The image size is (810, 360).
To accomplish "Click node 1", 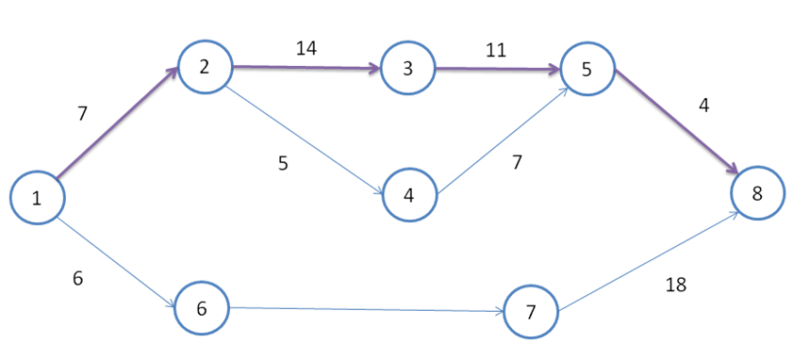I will click(x=37, y=198).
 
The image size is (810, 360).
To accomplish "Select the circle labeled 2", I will click(x=204, y=66).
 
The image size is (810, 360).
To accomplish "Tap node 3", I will click(x=408, y=69).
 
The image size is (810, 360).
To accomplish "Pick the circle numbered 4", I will click(x=408, y=195).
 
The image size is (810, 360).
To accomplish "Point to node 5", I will click(x=587, y=69).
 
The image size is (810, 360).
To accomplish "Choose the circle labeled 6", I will click(x=202, y=307).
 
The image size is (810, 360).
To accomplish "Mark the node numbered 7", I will click(x=531, y=312).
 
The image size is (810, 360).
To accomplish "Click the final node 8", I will click(x=756, y=193).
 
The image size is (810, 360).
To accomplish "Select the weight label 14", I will click(x=306, y=48).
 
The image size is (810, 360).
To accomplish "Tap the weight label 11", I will click(x=496, y=50).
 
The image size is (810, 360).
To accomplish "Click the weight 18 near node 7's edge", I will click(x=675, y=285).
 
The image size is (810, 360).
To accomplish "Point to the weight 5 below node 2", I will click(x=283, y=163).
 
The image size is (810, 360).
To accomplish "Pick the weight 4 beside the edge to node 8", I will click(x=703, y=106).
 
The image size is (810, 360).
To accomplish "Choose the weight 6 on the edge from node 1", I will click(x=77, y=278).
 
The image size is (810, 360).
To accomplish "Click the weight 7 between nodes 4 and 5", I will click(x=516, y=162).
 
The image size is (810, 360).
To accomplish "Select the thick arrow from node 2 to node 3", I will click(x=306, y=68).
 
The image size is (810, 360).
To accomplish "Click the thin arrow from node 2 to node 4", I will click(x=304, y=141).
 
